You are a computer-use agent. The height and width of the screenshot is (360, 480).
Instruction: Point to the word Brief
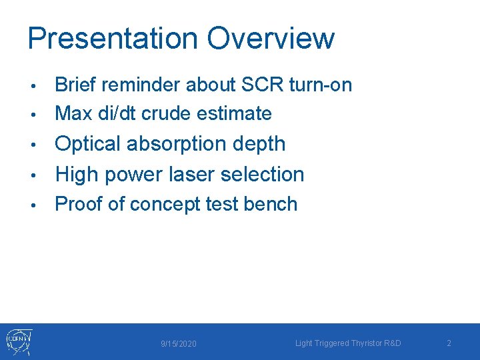(75, 85)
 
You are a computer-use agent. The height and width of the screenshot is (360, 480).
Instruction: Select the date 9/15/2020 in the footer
(179, 343)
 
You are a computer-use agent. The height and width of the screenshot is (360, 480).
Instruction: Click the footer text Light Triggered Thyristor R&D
(348, 343)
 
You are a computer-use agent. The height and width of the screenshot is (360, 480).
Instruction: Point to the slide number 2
(449, 343)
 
